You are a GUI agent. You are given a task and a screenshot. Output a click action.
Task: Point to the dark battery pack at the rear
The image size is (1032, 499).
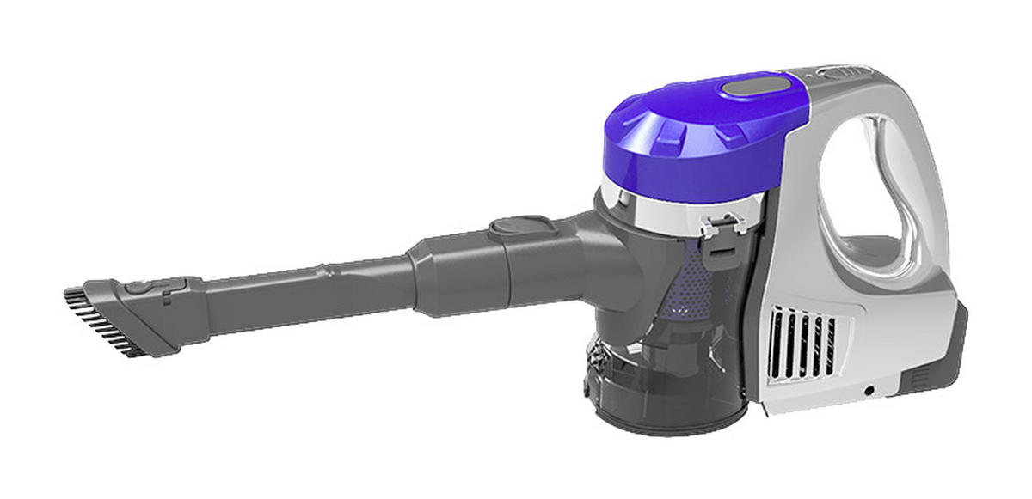point(937,361)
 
